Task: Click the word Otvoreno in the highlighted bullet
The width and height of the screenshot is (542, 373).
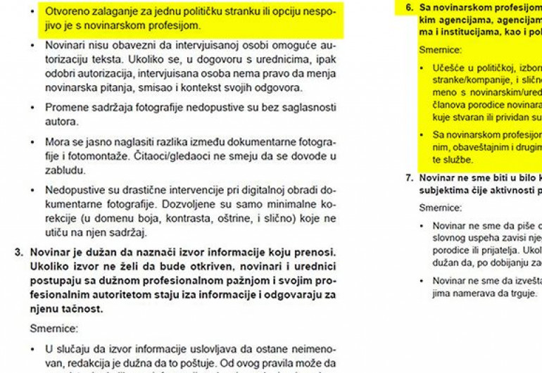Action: (68, 12)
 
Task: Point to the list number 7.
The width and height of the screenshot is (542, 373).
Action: (410, 178)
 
